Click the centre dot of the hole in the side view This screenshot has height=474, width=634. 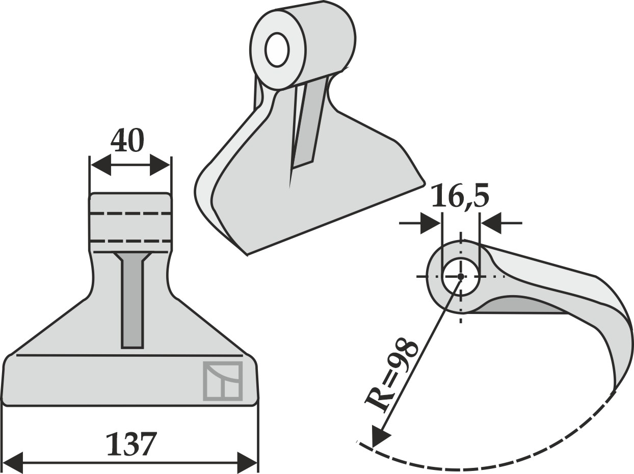coord(461,276)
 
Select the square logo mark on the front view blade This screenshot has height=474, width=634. coord(223,381)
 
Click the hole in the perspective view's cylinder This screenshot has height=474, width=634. coord(277,49)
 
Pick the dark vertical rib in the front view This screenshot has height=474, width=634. coord(133,300)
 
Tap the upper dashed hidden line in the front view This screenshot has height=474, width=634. coord(130,214)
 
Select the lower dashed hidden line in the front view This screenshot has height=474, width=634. coord(130,241)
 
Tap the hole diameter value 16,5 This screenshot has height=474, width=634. coord(460,195)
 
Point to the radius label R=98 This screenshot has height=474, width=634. coord(391,376)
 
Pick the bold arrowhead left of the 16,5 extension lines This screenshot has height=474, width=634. coord(430,223)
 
